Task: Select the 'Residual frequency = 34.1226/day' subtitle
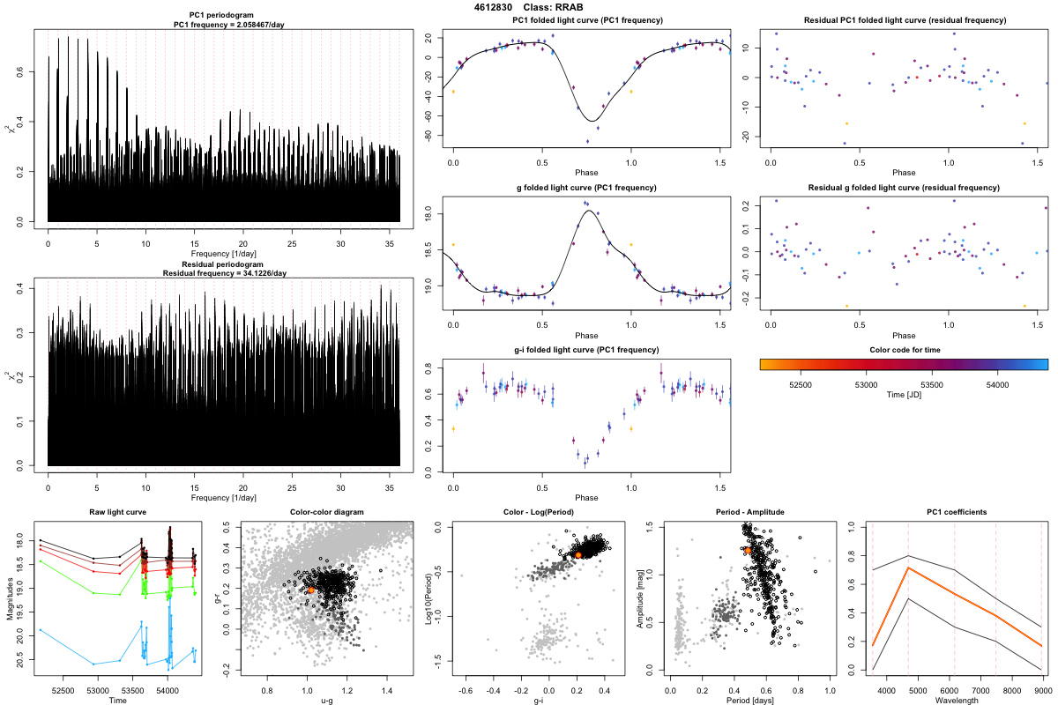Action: pyautogui.click(x=225, y=273)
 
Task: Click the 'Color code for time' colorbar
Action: pyautogui.click(x=903, y=363)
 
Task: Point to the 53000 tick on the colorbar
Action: pyautogui.click(x=866, y=383)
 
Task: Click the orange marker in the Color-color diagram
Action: pyautogui.click(x=311, y=590)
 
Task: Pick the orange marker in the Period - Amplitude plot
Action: pyautogui.click(x=747, y=550)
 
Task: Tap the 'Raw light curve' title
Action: pyautogui.click(x=117, y=512)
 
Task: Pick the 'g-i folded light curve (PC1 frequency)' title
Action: pyautogui.click(x=586, y=352)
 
